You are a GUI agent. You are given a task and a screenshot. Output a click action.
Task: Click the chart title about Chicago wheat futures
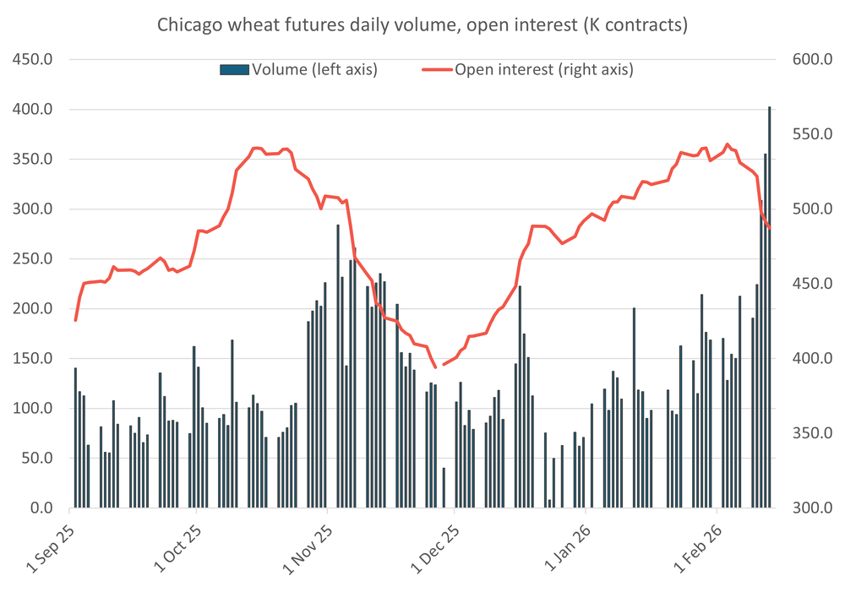pos(422,25)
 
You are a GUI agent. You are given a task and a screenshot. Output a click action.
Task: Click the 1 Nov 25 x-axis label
pos(306,549)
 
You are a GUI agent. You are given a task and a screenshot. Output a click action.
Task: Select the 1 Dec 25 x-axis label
pos(433,549)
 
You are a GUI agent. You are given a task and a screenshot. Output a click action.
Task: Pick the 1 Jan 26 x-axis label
pos(564,549)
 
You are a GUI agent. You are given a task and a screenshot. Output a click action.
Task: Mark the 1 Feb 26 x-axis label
pos(695,549)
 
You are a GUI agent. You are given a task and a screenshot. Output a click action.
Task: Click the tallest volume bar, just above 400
pos(769,308)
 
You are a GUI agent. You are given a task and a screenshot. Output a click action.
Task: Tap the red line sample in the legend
pos(437,69)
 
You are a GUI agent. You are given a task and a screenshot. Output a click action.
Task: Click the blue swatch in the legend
pos(235,69)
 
